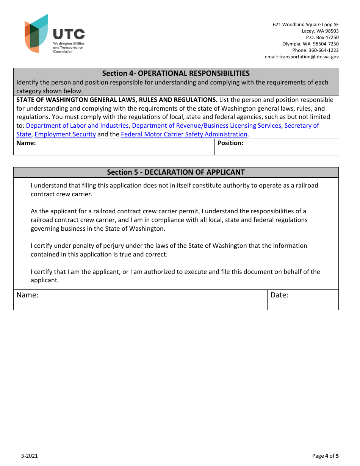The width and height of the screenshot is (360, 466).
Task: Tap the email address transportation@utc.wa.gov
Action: coord(309,57)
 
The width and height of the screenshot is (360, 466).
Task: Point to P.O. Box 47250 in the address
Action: coord(322,38)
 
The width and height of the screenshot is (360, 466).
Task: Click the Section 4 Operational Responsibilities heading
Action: coord(176,73)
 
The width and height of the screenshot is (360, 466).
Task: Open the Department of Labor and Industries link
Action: coord(77,126)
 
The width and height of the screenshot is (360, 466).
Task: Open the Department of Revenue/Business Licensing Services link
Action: coord(207,126)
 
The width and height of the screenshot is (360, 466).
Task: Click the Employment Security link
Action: coord(65,134)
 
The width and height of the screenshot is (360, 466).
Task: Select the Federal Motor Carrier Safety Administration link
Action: coord(184,134)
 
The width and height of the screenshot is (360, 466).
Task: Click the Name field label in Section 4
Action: coord(26,143)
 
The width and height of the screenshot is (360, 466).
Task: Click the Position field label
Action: coord(230,143)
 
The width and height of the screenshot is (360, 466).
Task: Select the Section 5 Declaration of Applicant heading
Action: coord(176,172)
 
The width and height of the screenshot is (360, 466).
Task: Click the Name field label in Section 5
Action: coord(28,295)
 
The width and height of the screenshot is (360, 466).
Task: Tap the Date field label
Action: coord(279,295)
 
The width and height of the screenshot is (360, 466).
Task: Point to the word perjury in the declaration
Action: coord(114,246)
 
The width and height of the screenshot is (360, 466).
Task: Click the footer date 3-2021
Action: coord(30,456)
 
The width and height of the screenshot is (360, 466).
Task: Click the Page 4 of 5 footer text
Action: coord(325,456)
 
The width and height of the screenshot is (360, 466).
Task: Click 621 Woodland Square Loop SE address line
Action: coord(306,25)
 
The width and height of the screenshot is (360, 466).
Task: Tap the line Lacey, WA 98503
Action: coord(320,31)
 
